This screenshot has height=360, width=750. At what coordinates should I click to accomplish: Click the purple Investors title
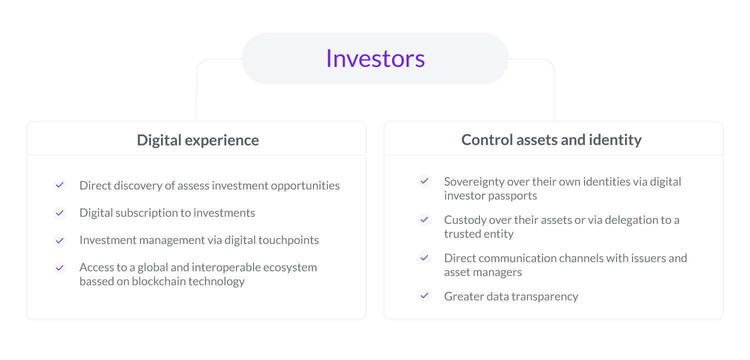(375, 58)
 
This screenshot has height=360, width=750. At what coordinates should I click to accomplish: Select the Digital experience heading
(198, 140)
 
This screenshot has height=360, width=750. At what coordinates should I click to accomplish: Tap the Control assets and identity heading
(551, 139)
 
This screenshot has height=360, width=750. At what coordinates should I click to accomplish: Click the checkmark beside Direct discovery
(59, 185)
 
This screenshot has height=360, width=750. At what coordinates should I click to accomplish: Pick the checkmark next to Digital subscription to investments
(59, 212)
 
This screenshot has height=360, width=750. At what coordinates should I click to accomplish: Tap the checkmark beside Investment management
(59, 240)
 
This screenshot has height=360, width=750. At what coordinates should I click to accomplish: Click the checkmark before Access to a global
(59, 268)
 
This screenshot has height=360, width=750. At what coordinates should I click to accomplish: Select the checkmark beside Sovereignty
(424, 181)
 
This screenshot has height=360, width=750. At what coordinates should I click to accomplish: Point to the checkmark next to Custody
(424, 219)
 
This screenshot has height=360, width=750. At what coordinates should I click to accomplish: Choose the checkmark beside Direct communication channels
(424, 257)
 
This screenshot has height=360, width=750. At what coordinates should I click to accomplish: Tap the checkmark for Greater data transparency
(424, 295)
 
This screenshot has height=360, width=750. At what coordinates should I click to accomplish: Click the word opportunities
(305, 186)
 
